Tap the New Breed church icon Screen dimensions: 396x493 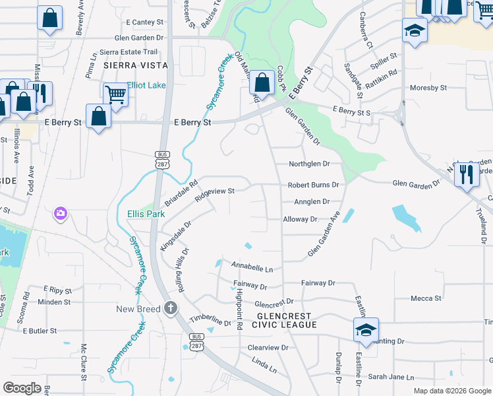click(x=171, y=308)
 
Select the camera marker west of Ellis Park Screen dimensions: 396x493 click(x=60, y=213)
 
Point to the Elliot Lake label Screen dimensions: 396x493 click(x=147, y=85)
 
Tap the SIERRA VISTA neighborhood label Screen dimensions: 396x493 click(x=135, y=65)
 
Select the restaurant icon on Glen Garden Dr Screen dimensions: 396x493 click(x=466, y=173)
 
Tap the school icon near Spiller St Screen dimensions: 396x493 click(x=415, y=30)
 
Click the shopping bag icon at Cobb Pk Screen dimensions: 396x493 click(x=262, y=82)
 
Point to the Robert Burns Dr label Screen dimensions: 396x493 click(x=313, y=185)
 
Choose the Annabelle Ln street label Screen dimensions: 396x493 click(x=252, y=266)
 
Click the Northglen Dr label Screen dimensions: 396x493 click(x=309, y=164)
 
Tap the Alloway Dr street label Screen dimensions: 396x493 click(x=300, y=219)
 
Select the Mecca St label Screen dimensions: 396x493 click(x=426, y=298)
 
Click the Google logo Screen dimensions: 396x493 click(x=22, y=388)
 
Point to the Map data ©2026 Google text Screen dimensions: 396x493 click(x=452, y=391)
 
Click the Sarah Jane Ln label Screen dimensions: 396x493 click(x=391, y=378)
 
